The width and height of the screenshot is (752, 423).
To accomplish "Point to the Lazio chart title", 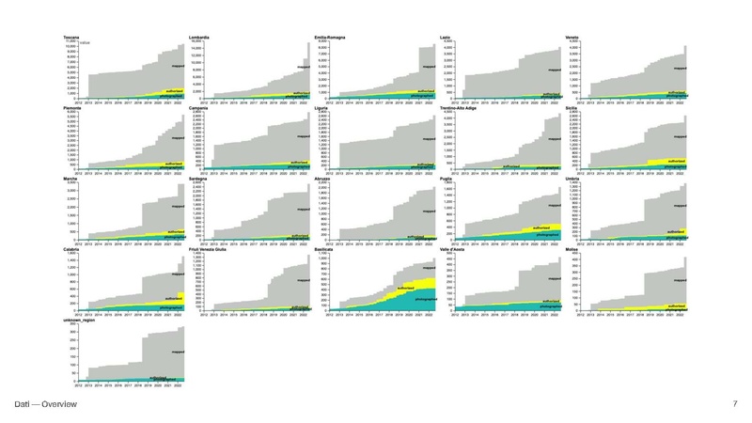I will [446, 36].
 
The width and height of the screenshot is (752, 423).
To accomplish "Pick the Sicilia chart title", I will [572, 108].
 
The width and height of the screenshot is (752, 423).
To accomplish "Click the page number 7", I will [734, 403].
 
